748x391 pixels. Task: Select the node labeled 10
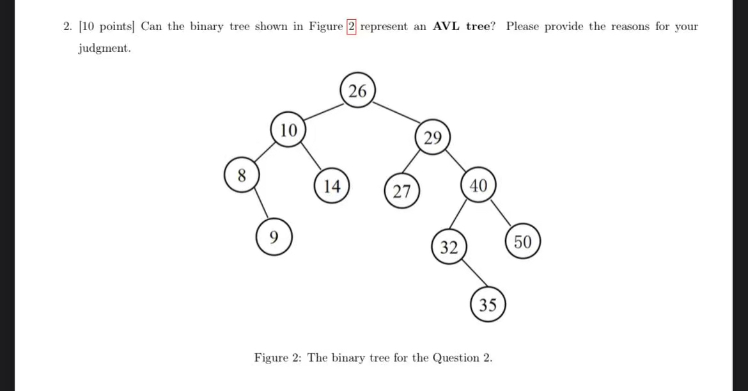tap(288, 131)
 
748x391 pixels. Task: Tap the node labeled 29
tap(432, 138)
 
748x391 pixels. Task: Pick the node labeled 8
tap(242, 176)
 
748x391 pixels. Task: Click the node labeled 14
tap(331, 186)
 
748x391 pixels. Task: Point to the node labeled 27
tap(401, 191)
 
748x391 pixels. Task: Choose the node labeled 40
tap(478, 186)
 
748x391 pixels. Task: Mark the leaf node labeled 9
tap(274, 237)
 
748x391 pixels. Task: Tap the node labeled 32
tap(449, 248)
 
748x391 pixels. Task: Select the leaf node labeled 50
tap(522, 242)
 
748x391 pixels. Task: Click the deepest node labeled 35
tap(488, 305)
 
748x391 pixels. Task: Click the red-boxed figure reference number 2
tap(351, 27)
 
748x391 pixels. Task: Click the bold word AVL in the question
tap(448, 27)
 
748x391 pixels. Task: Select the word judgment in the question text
tap(104, 49)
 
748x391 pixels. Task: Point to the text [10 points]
tap(107, 27)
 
